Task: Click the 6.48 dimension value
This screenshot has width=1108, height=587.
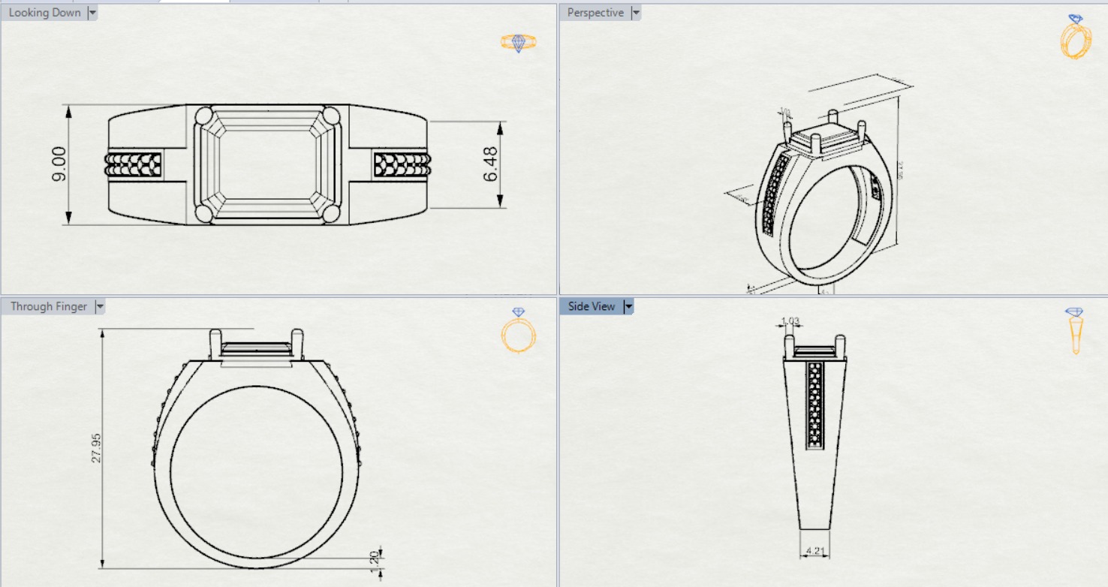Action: [x=491, y=164]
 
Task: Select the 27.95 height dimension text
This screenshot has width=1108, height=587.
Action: [x=95, y=447]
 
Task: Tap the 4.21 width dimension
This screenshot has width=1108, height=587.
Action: [x=814, y=551]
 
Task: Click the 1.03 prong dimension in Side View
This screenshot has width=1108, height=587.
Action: [x=790, y=321]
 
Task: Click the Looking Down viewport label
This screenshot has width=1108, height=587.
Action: [x=44, y=13]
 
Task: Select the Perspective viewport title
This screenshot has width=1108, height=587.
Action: [x=595, y=13]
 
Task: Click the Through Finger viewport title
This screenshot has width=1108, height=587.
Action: [x=49, y=306]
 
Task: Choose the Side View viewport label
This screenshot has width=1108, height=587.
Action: [x=592, y=306]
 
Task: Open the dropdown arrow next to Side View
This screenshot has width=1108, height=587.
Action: [x=629, y=306]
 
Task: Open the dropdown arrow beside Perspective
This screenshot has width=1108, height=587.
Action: [x=636, y=13]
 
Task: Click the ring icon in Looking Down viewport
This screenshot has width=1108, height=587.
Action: [x=518, y=42]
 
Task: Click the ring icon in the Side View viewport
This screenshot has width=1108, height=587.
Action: [x=1075, y=330]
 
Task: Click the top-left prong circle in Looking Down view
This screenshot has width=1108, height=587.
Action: [x=204, y=116]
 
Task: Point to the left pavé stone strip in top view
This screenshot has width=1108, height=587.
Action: [x=134, y=164]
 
